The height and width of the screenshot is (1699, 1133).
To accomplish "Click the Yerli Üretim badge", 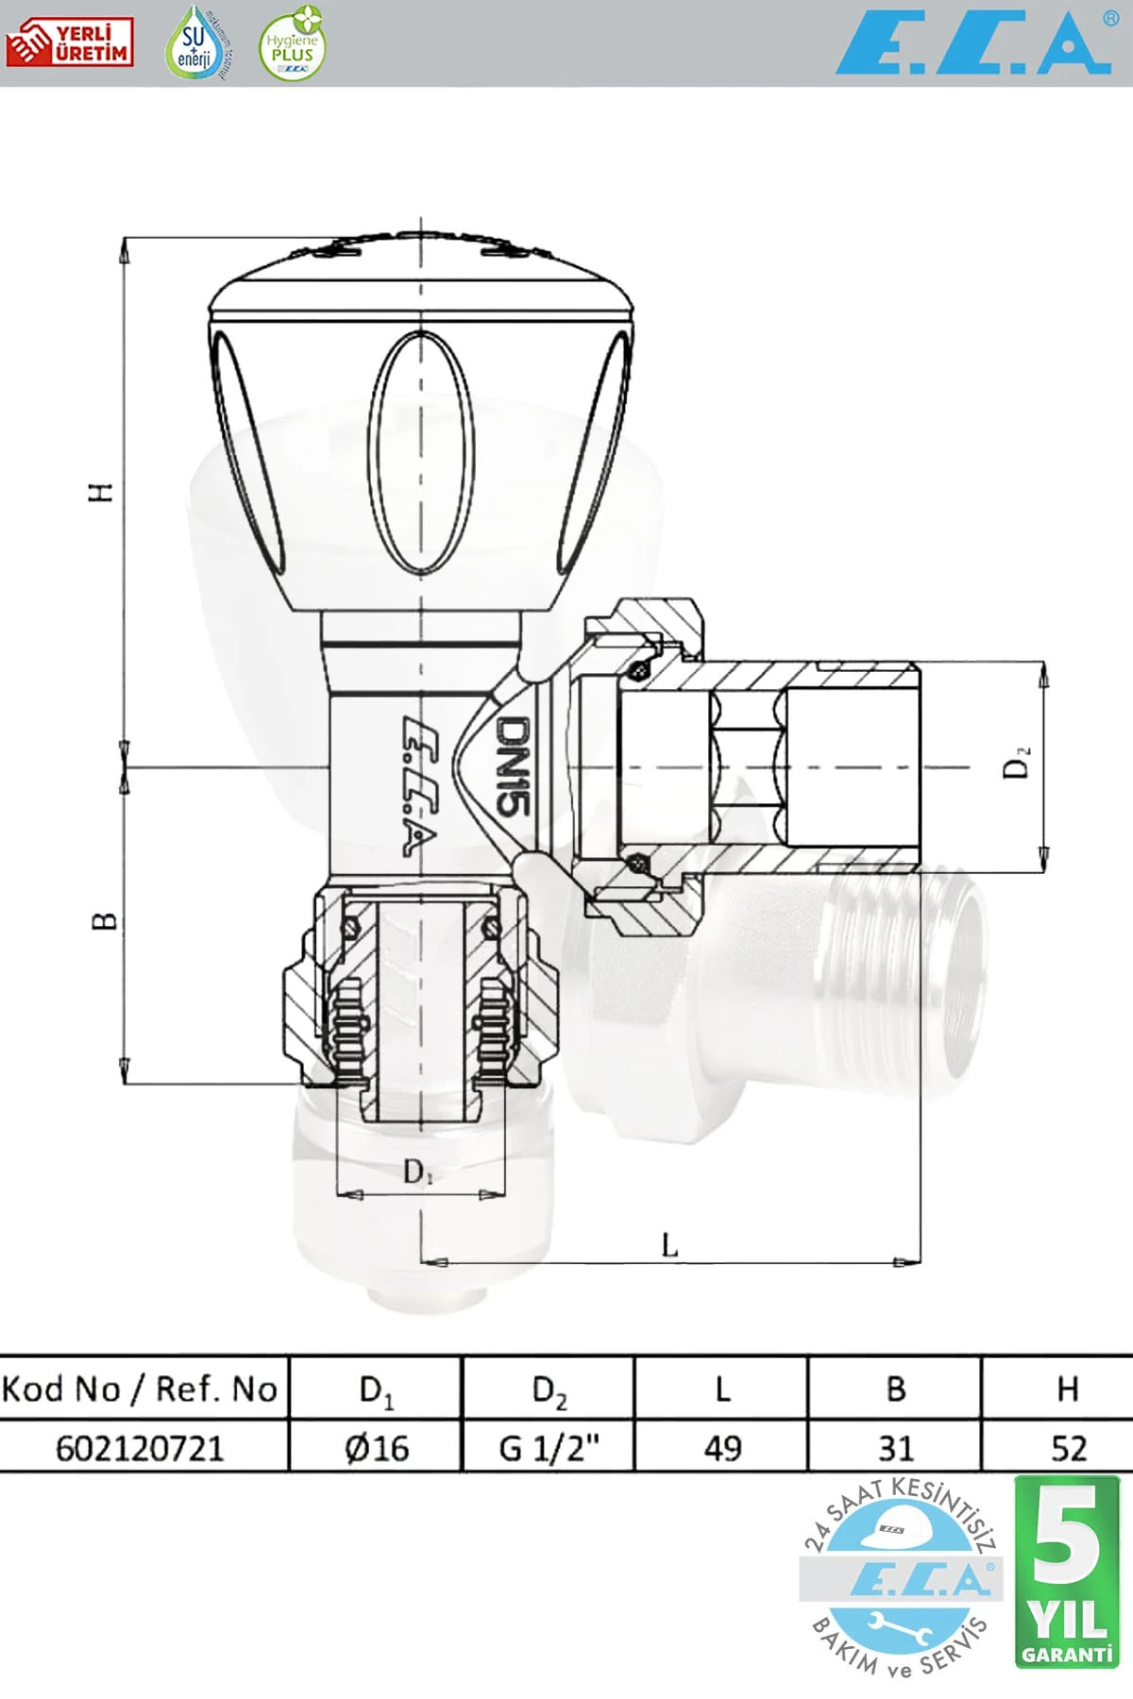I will click(69, 42).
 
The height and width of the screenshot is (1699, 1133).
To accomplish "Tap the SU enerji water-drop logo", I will click(197, 43).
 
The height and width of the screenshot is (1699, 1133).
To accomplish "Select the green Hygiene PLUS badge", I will click(292, 44).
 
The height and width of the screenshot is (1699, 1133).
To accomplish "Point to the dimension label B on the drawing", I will click(105, 920).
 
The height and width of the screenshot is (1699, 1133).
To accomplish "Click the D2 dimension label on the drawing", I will click(1017, 762).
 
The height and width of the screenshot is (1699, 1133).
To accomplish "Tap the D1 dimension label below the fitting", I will click(417, 1171).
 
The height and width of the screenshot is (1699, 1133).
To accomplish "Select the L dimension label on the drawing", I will click(669, 1245).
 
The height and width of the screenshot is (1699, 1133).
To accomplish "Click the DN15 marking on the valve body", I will click(514, 765).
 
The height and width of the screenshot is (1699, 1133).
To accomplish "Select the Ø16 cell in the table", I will click(376, 1447).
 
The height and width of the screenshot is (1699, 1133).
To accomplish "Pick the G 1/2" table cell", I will click(549, 1447).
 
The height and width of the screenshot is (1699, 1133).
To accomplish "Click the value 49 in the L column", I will click(722, 1447).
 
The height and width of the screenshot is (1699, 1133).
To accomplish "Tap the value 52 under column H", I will click(1068, 1447).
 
